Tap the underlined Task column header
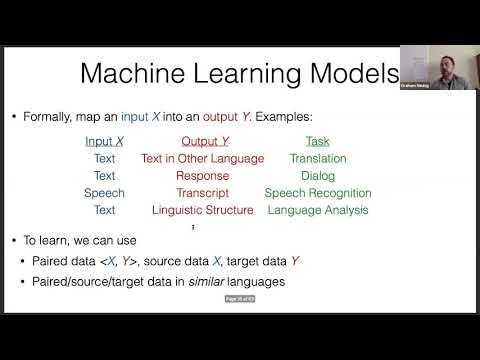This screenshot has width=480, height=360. (316, 142)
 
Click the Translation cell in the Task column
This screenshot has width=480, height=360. (317, 158)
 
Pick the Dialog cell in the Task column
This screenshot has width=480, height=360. (317, 175)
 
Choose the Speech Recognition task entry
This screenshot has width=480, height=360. (316, 193)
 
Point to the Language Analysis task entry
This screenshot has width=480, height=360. (316, 210)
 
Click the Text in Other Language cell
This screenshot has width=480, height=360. (202, 158)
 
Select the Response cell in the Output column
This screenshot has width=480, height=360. (202, 175)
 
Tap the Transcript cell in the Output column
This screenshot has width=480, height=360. (202, 193)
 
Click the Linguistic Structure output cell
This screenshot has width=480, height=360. (202, 210)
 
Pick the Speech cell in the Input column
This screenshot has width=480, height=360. (104, 193)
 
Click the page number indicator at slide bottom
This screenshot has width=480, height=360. (239, 298)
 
